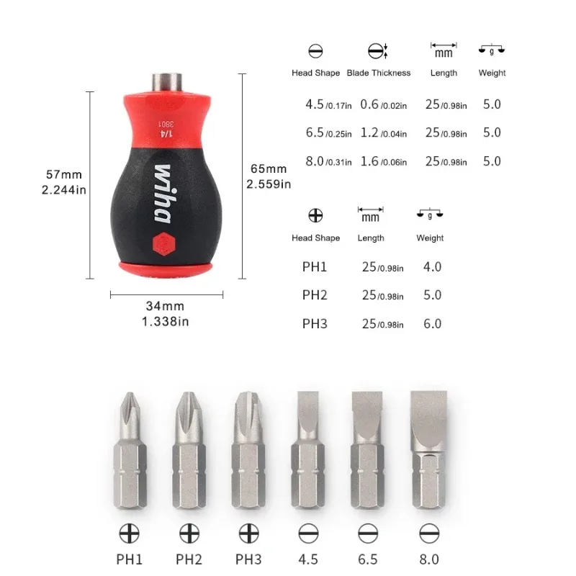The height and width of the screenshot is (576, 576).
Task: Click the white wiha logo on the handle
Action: click(163, 194)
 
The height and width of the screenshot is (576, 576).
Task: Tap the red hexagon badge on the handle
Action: click(164, 243)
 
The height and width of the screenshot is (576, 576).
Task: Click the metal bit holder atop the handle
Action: click(167, 83)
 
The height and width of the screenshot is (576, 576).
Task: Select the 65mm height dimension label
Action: click(269, 176)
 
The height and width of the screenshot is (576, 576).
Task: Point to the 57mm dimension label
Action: click(64, 182)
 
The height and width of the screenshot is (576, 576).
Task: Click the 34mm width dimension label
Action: click(166, 313)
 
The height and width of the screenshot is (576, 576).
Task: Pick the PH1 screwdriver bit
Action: click(130, 450)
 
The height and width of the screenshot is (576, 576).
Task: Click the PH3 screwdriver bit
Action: click(248, 450)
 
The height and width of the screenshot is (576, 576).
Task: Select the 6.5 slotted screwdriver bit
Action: click(367, 450)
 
